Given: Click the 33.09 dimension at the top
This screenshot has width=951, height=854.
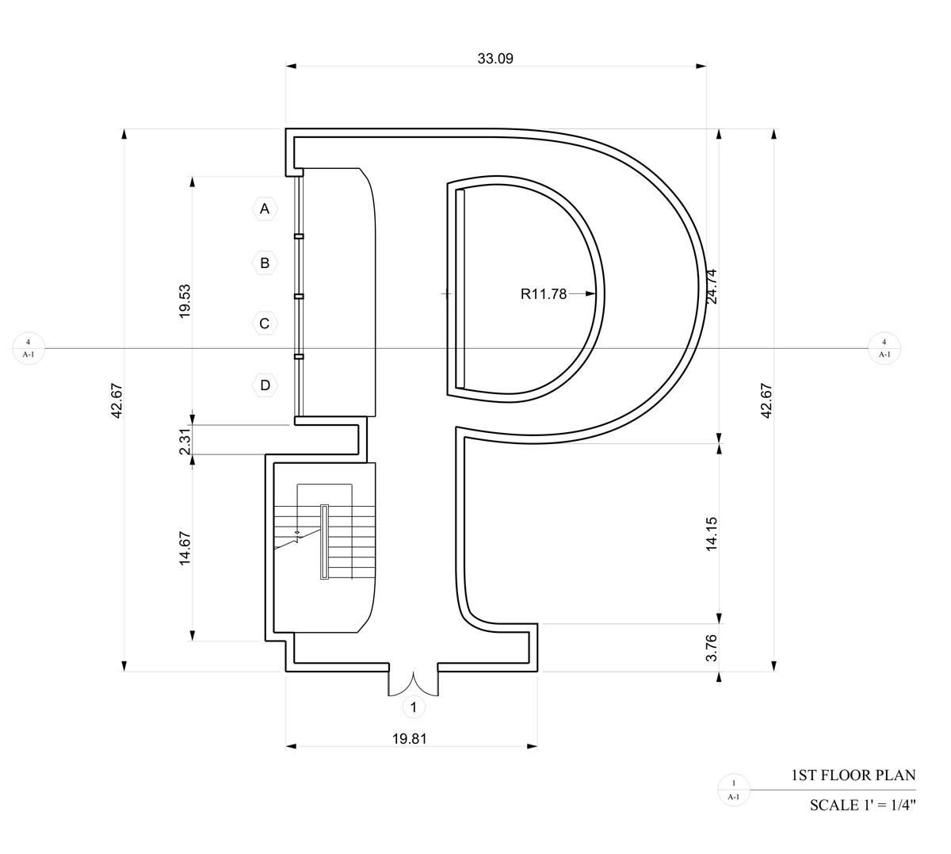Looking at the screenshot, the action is coord(495,59).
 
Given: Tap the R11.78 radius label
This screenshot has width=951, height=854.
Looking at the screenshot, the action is coord(544,294).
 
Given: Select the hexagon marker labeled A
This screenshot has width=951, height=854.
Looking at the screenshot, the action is coord(265,209).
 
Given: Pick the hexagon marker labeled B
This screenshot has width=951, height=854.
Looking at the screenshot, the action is coord(265,263).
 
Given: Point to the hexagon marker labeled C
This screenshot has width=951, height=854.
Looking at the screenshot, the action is coord(265,324).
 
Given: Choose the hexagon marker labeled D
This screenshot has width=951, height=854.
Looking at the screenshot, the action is coord(265,385).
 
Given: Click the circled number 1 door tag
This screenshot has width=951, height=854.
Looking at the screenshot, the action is coord(414,707).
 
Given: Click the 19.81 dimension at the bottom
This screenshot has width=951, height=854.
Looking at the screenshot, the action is coord(410,739).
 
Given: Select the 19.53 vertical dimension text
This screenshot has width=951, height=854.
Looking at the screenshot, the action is coord(185,301).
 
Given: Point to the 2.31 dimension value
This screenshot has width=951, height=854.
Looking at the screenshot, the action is coord(185,442).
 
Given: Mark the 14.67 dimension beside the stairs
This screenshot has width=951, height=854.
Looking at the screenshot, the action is coord(185,548).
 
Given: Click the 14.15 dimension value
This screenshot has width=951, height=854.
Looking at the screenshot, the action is coord(712,534).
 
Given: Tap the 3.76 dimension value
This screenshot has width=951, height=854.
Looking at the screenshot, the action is coord(712,648).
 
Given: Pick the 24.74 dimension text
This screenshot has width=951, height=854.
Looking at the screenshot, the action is coord(712,286).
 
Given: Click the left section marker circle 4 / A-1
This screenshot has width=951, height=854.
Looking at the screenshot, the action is coord(29,348).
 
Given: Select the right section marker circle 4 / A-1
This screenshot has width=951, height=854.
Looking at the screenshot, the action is coord(884,348).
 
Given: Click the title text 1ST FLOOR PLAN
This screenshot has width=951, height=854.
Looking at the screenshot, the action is coord(854,775).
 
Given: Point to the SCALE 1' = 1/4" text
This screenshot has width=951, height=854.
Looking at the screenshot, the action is coord(863,805).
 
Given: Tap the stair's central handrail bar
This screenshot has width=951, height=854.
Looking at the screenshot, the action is coord(324,542).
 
